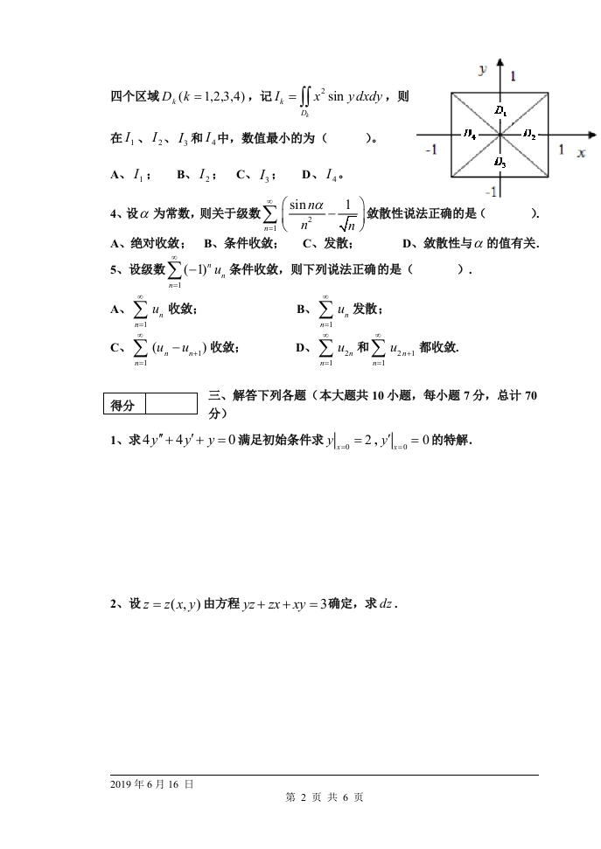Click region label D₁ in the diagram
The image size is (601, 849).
click(499, 111)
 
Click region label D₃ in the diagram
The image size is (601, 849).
click(499, 161)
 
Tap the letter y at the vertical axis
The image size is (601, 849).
click(482, 67)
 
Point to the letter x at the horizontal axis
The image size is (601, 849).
click(580, 153)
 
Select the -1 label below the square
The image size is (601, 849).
click(493, 191)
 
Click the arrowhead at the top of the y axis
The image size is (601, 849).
click(500, 62)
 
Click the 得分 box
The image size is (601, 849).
click(123, 405)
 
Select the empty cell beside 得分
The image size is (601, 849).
click(171, 404)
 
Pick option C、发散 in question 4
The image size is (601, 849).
click(327, 244)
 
